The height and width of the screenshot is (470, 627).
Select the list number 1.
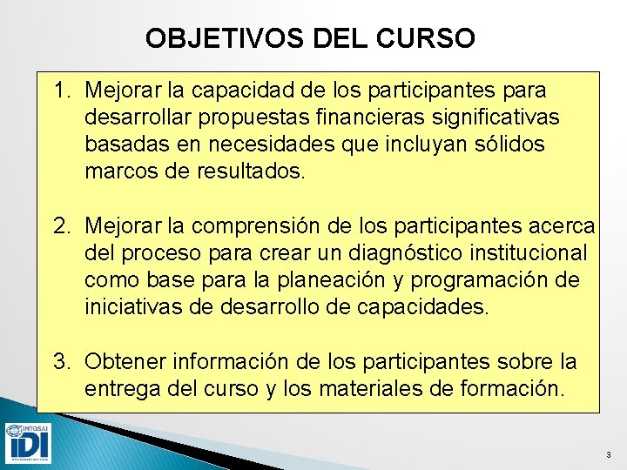click(x=60, y=91)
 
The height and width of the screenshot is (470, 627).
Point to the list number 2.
click(x=60, y=227)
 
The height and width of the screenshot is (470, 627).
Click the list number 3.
click(x=60, y=362)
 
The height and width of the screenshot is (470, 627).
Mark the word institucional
click(x=529, y=254)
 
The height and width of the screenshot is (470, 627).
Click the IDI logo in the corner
click(x=27, y=442)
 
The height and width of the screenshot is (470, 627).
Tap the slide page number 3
click(x=609, y=455)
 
